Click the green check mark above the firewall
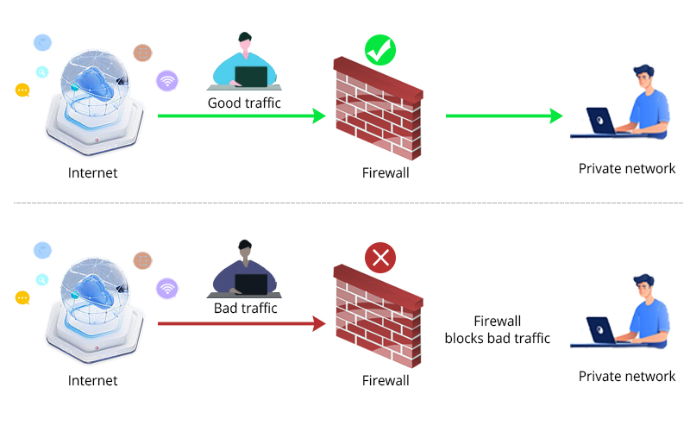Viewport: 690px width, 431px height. click(x=379, y=50)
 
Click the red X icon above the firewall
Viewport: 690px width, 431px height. click(x=379, y=257)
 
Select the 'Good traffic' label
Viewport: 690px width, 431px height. click(x=244, y=103)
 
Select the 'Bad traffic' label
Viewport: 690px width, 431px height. click(x=245, y=308)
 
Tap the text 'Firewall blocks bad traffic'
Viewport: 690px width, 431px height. click(x=497, y=329)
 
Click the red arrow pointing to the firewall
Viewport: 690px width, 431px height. click(x=241, y=324)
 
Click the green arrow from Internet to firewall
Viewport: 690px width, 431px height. click(x=241, y=116)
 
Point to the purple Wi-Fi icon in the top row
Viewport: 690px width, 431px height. click(x=167, y=81)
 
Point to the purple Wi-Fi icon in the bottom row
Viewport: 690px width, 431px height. click(x=167, y=287)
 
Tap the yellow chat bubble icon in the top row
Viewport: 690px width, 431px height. click(x=22, y=90)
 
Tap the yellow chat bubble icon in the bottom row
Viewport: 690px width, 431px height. click(x=22, y=297)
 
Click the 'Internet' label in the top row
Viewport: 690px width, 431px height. click(x=92, y=173)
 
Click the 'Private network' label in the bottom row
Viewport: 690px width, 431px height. click(x=627, y=376)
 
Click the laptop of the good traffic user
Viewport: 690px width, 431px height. click(x=251, y=76)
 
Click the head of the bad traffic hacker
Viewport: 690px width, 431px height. click(x=246, y=249)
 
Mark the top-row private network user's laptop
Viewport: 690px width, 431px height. click(x=601, y=121)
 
